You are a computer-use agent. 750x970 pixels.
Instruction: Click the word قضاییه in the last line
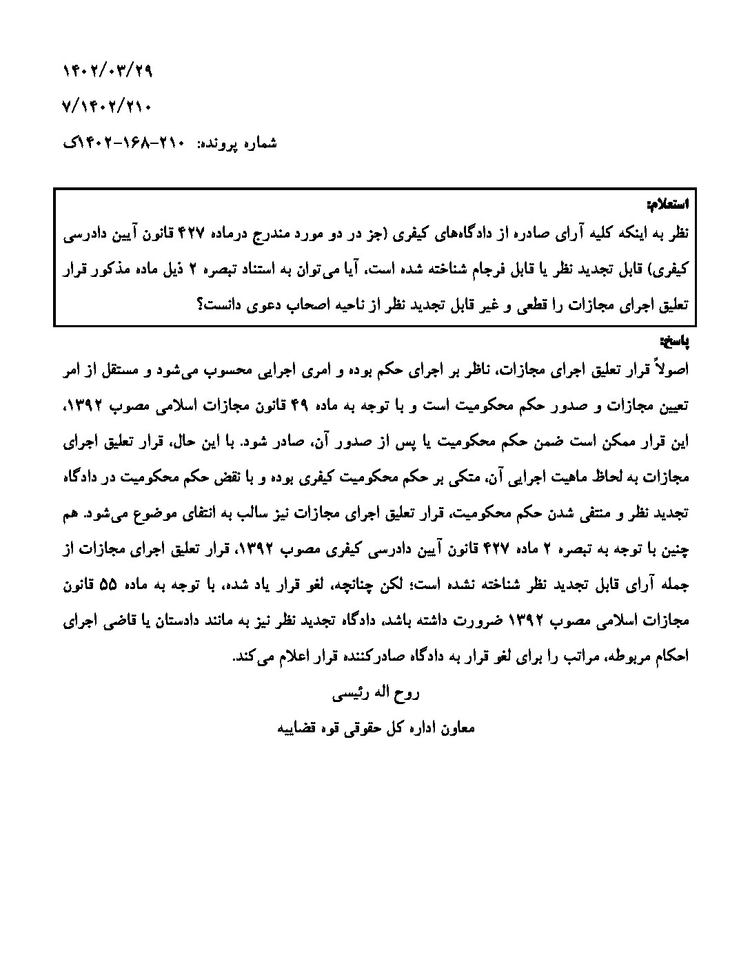(298, 728)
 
